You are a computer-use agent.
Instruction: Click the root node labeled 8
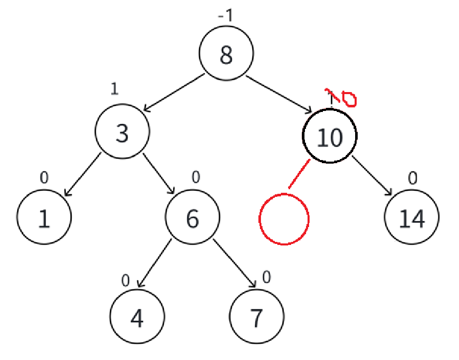pyautogui.click(x=226, y=54)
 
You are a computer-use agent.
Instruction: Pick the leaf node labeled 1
pyautogui.click(x=43, y=218)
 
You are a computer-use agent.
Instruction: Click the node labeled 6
pyautogui.click(x=192, y=218)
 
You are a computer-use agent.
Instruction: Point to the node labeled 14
pyautogui.click(x=411, y=218)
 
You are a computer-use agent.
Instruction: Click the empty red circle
pyautogui.click(x=284, y=219)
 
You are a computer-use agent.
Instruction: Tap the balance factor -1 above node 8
pyautogui.click(x=225, y=16)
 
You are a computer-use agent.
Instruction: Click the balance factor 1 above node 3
pyautogui.click(x=114, y=89)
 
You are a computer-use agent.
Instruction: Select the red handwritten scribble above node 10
pyautogui.click(x=342, y=97)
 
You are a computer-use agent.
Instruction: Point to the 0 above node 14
pyautogui.click(x=412, y=177)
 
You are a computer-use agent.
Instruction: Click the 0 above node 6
pyautogui.click(x=195, y=177)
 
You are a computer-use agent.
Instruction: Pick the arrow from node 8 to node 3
pyautogui.click(x=174, y=93)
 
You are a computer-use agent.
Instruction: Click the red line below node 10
pyautogui.click(x=300, y=174)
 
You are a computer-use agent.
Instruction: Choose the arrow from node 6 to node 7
pyautogui.click(x=234, y=263)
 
